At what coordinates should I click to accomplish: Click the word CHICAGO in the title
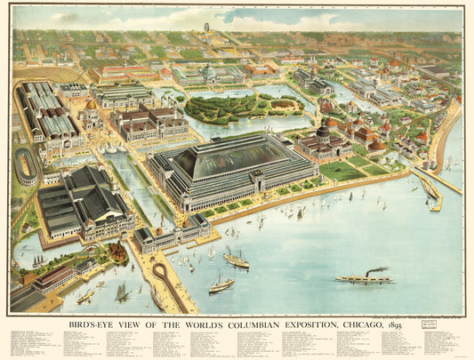361,324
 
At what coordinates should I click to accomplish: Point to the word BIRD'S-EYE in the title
92,324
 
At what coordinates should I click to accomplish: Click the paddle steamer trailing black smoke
364,279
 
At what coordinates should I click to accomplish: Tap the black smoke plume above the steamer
377,268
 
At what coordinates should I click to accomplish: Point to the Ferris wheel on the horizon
207,28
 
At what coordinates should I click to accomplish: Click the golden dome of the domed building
90,105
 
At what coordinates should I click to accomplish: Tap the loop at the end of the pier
160,270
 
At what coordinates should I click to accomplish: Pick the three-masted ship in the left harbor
122,291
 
